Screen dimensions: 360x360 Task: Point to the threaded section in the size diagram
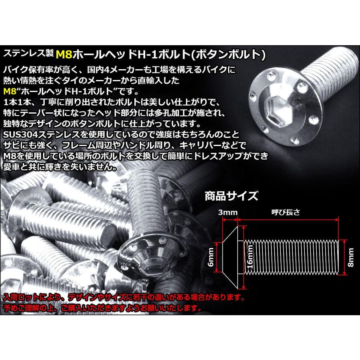coord(292,256)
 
